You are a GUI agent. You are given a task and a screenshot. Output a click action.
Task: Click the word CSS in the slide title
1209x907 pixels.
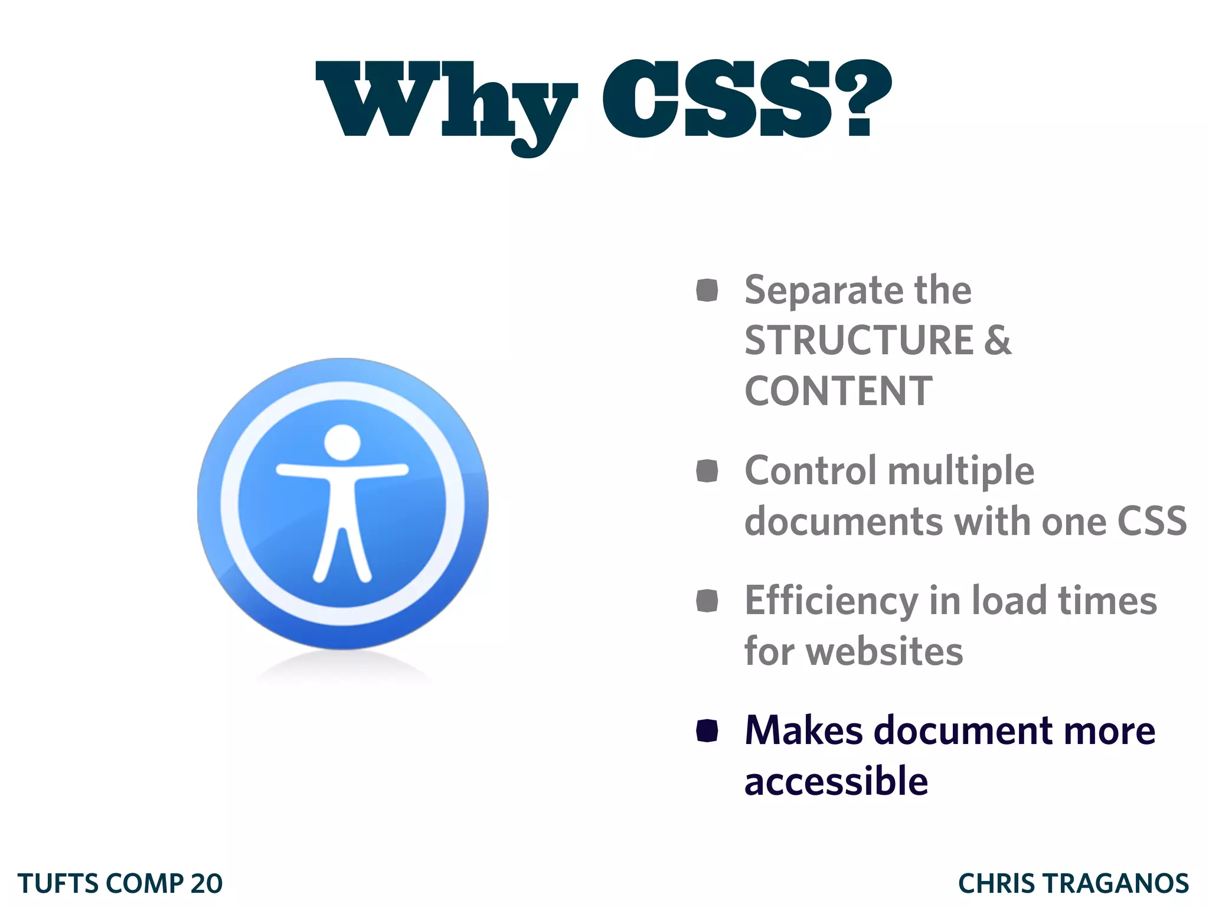[717, 99]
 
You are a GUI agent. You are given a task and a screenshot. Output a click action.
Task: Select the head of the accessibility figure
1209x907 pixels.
[342, 442]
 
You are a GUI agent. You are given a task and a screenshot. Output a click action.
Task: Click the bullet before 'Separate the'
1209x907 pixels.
[707, 290]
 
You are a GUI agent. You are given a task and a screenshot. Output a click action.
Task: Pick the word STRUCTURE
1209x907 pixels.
[858, 341]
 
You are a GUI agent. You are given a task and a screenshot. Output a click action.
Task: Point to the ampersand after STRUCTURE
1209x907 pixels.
[998, 341]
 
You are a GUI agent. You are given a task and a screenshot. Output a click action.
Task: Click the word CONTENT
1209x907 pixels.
[838, 391]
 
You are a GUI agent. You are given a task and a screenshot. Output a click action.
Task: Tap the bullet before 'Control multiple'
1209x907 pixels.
[707, 471]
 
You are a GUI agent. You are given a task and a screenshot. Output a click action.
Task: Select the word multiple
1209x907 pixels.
[960, 471]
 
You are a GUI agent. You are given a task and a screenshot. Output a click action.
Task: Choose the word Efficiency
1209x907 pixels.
[831, 601]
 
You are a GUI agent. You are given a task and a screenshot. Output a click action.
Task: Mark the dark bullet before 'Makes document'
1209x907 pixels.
[707, 730]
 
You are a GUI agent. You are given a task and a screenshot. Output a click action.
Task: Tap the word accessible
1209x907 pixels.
[836, 782]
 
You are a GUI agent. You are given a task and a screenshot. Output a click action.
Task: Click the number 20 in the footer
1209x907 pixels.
[206, 884]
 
